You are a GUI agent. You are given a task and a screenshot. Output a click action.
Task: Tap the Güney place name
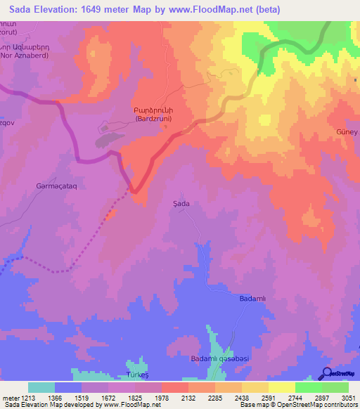[x=347, y=131]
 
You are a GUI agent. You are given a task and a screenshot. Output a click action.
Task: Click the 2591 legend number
[x=268, y=396]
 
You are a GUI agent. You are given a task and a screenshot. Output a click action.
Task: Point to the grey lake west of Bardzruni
[x=108, y=139]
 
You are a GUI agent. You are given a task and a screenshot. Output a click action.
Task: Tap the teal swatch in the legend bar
[x=41, y=387]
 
